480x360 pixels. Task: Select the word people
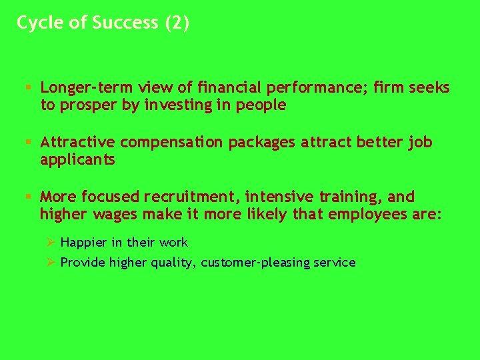point(263,105)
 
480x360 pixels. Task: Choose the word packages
point(261,143)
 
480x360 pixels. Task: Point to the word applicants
point(77,160)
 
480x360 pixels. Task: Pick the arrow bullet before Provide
point(47,262)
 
